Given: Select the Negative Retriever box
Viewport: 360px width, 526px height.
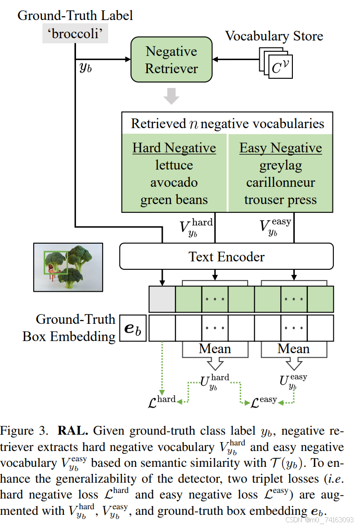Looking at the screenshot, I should click(171, 60).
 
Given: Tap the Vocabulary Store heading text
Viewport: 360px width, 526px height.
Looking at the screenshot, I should click(274, 36).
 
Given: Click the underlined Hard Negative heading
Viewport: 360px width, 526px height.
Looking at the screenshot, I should click(174, 148).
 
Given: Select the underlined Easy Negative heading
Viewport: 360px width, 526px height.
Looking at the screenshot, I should click(280, 148).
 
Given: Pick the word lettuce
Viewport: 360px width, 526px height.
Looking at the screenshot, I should click(174, 165).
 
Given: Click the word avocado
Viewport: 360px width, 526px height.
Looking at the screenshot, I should click(174, 183).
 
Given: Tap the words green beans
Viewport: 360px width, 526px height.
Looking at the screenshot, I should click(174, 200).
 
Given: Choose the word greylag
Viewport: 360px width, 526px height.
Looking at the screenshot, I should click(280, 165).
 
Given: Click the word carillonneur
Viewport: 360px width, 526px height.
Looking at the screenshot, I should click(280, 183).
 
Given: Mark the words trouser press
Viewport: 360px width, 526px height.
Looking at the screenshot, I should click(280, 200).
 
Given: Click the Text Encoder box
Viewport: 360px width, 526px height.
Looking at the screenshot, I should click(227, 256).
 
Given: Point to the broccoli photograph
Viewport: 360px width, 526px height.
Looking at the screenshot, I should click(68, 267).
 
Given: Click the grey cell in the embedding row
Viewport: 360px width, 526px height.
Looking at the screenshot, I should click(162, 299).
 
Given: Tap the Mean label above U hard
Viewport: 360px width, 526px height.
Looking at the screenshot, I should click(215, 349).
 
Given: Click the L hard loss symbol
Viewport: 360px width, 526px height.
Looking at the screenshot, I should click(161, 401).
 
